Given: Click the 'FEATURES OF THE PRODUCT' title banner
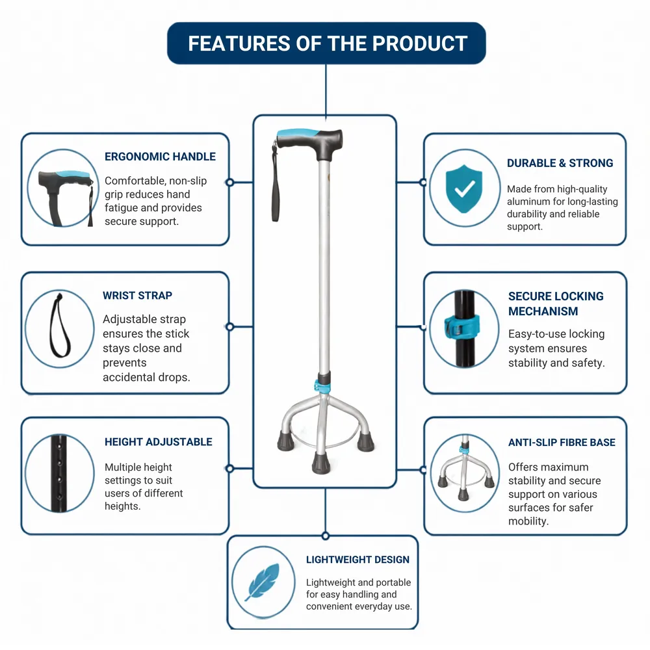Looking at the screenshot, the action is click(x=326, y=43).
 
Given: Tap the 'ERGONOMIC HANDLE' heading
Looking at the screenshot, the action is click(x=160, y=157).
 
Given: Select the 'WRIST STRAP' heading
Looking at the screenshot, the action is click(x=137, y=296).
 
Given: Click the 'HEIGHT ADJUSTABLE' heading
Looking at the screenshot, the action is click(x=159, y=442).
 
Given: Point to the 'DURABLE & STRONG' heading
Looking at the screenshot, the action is click(x=560, y=163).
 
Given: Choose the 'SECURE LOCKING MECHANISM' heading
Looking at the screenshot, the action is click(x=556, y=304).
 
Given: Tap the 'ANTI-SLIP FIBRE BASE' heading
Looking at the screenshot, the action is click(x=562, y=442).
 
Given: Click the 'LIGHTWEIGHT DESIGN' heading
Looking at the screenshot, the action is click(x=357, y=560).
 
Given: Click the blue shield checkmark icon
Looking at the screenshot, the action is click(x=464, y=188).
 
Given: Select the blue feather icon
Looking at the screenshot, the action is click(x=263, y=582).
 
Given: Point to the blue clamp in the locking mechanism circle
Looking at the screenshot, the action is click(x=461, y=326).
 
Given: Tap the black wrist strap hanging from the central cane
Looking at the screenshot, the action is click(x=275, y=183).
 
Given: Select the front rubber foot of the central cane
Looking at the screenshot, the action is click(x=321, y=463).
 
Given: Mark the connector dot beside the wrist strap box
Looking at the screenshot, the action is click(x=230, y=327).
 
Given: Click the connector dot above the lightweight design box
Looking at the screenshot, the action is click(x=326, y=536).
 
